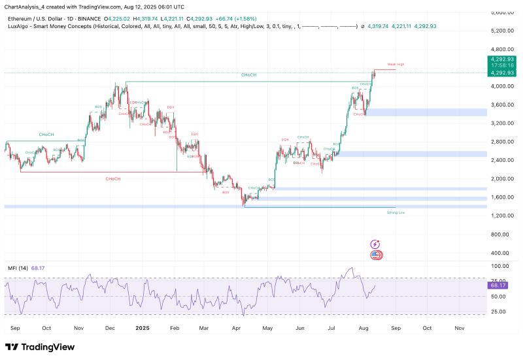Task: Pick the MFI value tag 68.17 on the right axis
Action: tap(498, 286)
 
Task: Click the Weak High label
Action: tap(396, 65)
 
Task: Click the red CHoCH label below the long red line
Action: tap(112, 177)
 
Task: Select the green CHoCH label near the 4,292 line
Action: tap(248, 75)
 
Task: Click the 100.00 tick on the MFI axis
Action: tap(500, 267)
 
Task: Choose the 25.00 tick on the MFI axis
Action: tap(500, 311)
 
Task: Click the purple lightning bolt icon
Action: tap(375, 244)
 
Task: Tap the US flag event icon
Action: tap(375, 255)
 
